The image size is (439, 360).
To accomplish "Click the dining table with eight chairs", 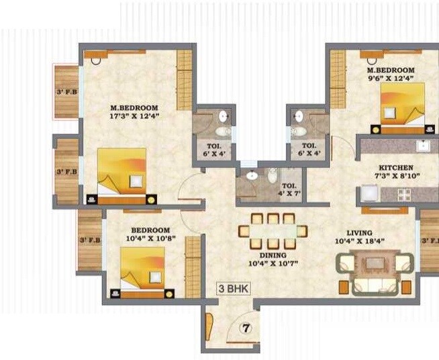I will click(273, 232).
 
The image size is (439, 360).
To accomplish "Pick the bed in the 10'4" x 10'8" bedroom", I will click(142, 270).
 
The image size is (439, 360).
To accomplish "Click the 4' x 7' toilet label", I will click(289, 190).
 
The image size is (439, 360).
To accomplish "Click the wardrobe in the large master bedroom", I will click(185, 80).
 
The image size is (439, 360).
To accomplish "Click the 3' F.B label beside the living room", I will click(430, 240).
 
